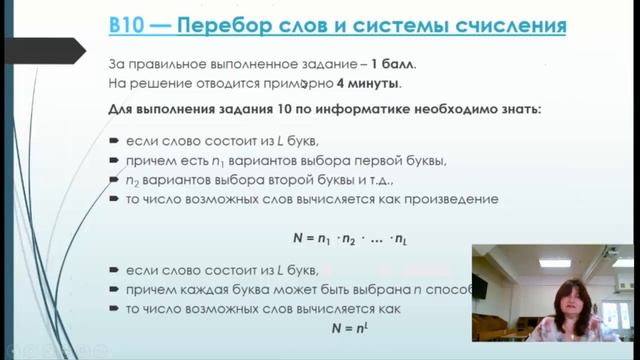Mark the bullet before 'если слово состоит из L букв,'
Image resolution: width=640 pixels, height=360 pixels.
pyautogui.click(x=115, y=140)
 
